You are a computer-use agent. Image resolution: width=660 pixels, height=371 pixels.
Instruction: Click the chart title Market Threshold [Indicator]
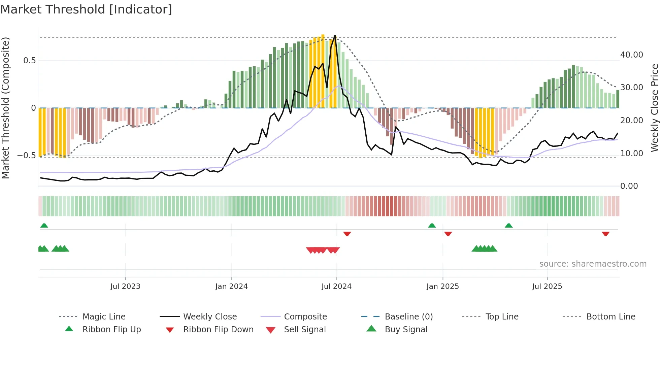pyautogui.click(x=86, y=9)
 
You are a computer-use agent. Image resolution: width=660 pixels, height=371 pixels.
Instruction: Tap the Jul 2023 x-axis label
pyautogui.click(x=125, y=286)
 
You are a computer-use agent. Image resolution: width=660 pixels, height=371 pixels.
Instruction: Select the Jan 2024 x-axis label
pyautogui.click(x=231, y=286)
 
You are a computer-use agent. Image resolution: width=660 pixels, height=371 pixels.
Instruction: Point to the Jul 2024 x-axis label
pyautogui.click(x=336, y=286)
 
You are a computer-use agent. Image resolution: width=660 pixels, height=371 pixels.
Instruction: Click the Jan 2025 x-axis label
pyautogui.click(x=442, y=286)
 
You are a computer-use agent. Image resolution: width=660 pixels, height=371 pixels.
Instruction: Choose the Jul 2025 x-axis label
pyautogui.click(x=547, y=286)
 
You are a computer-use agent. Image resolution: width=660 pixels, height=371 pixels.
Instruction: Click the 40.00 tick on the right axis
pyautogui.click(x=631, y=55)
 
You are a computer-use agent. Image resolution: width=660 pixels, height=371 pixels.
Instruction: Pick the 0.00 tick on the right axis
pyautogui.click(x=629, y=186)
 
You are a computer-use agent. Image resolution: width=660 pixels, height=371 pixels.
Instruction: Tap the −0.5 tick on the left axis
pyautogui.click(x=26, y=156)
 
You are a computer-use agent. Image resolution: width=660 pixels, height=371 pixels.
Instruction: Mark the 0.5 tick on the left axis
pyautogui.click(x=29, y=61)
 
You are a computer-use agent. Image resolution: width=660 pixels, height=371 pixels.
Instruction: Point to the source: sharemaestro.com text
pyautogui.click(x=593, y=264)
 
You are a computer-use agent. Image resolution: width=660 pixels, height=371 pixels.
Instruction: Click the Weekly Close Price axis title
pyautogui.click(x=654, y=108)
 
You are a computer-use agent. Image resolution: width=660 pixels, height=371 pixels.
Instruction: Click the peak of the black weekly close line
pyautogui.click(x=335, y=36)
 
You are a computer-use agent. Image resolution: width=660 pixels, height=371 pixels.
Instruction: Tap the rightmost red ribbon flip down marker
pyautogui.click(x=605, y=234)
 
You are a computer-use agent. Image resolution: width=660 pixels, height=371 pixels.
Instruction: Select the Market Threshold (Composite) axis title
pyautogui.click(x=5, y=108)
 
